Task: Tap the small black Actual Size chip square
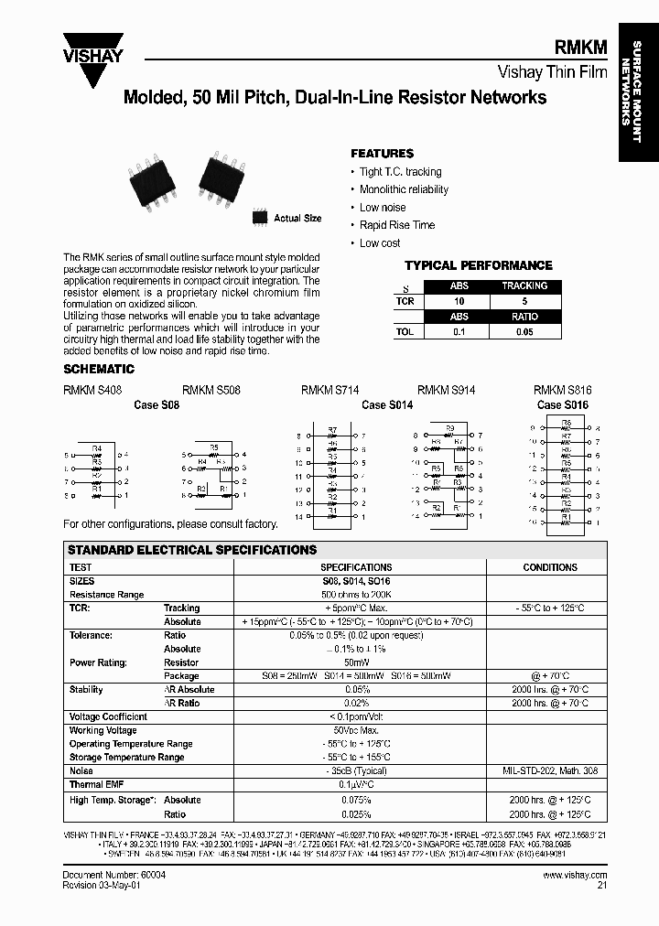pos(260,218)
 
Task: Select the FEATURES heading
pos(382,154)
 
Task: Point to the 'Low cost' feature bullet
pos(380,243)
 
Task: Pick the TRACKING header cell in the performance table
pos(524,285)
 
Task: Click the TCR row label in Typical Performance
pos(405,300)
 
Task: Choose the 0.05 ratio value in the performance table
pos(524,332)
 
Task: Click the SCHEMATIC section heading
pos(98,369)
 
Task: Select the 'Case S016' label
pos(563,404)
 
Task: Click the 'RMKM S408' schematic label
pos(92,390)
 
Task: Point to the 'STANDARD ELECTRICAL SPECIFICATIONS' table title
pos(192,550)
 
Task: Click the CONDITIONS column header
pos(549,567)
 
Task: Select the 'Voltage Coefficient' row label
pos(108,716)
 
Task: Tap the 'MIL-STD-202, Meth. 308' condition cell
pos(549,771)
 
